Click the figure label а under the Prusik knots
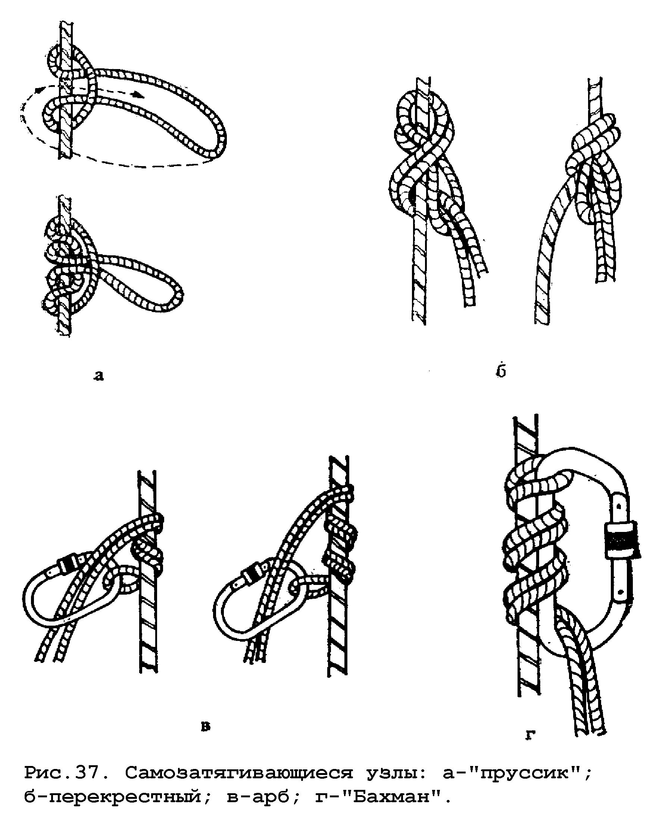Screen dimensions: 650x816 click(x=99, y=376)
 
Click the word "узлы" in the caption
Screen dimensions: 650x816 click(x=396, y=771)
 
